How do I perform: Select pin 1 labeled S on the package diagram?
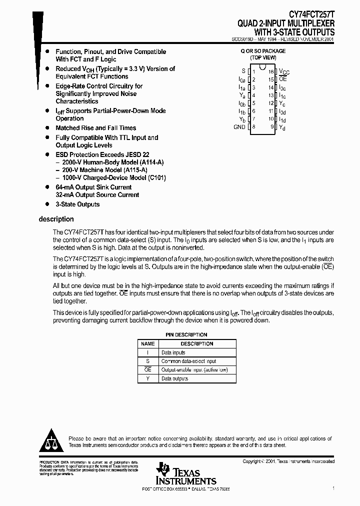[x=243, y=71]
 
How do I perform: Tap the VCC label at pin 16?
[x=284, y=72]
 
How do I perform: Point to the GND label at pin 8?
[x=239, y=127]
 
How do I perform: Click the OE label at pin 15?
[x=283, y=79]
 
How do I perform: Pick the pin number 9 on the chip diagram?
[x=272, y=127]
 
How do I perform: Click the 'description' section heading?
[x=56, y=219]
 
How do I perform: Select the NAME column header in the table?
[x=147, y=344]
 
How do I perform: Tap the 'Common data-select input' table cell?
[x=188, y=361]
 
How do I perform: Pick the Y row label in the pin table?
[x=147, y=379]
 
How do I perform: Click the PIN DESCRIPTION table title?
[x=186, y=335]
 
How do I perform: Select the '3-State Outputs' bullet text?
[x=77, y=204]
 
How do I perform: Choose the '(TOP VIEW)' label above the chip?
[x=263, y=57]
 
